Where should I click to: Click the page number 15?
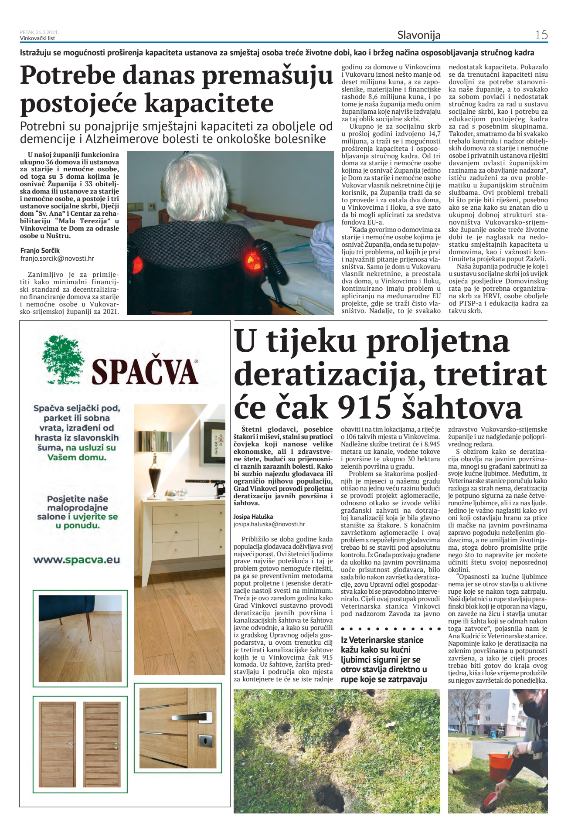click(x=541, y=35)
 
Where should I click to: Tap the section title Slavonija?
click(x=418, y=35)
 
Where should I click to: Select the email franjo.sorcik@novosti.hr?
click(x=57, y=259)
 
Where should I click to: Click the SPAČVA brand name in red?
click(x=145, y=372)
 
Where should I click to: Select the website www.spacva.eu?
click(x=76, y=560)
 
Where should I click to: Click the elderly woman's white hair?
click(x=196, y=194)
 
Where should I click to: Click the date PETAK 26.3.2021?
click(x=39, y=32)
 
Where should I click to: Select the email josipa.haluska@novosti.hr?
click(x=269, y=524)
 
